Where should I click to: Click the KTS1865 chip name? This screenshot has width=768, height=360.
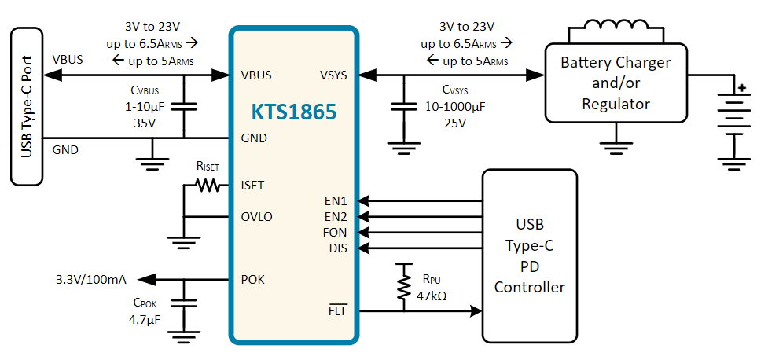tap(294, 111)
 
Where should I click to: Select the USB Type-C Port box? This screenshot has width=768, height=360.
tap(27, 106)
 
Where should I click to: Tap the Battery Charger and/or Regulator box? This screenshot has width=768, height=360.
tap(616, 83)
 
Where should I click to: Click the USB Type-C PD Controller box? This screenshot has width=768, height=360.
tap(530, 255)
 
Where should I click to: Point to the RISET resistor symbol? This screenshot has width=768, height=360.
tap(208, 186)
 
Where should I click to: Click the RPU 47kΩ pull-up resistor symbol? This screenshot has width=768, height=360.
tap(404, 288)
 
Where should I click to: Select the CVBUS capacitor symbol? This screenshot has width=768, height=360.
tap(184, 107)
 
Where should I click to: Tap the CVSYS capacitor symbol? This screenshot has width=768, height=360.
tap(404, 107)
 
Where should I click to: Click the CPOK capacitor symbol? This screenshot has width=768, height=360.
tap(184, 303)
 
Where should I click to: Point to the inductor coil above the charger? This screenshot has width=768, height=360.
tap(616, 25)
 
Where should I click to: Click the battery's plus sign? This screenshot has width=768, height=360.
tap(743, 88)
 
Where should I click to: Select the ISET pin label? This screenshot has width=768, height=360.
tap(253, 186)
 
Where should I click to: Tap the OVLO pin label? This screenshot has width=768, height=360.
tap(256, 217)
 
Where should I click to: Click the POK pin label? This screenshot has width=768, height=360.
tap(253, 280)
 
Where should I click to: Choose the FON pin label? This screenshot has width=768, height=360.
tap(335, 232)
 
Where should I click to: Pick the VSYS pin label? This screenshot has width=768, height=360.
tap(333, 75)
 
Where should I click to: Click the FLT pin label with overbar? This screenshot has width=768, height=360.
tap(338, 310)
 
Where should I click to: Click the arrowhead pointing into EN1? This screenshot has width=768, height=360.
tap(363, 200)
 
